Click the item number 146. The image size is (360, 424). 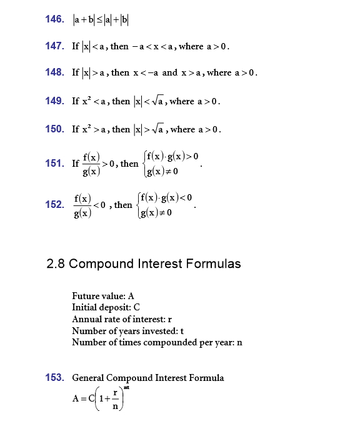(x=55, y=19)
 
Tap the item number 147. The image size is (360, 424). (x=55, y=46)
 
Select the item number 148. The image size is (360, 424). (x=55, y=73)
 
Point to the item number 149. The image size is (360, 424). (x=55, y=101)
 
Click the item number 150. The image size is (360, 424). (x=55, y=129)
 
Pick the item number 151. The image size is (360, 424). (x=55, y=164)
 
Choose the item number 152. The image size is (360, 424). (x=55, y=205)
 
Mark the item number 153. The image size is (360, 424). (x=55, y=378)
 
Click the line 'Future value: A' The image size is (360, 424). (x=103, y=296)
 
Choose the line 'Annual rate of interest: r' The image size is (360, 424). (x=122, y=319)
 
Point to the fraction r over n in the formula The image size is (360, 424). (x=115, y=400)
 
